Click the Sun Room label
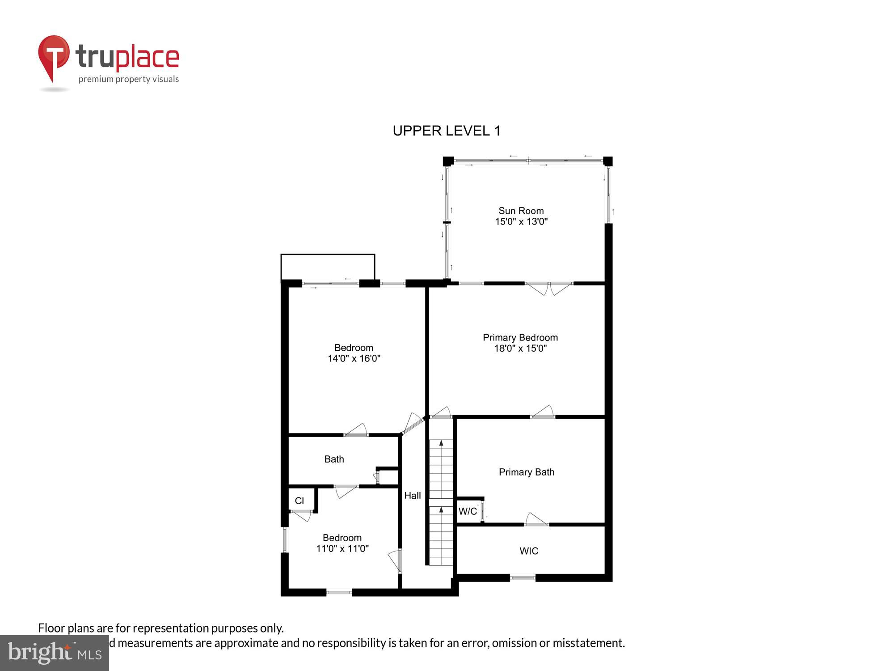521,211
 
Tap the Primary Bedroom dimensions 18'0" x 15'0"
520,348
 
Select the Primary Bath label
526,472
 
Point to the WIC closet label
529,551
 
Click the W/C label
468,511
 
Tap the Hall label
412,495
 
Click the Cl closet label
299,501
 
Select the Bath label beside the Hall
334,459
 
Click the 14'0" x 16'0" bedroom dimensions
354,358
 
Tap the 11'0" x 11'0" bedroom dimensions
342,548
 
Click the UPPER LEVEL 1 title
446,131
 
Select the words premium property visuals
128,80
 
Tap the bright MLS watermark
54,653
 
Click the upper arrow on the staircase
441,443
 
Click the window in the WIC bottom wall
523,578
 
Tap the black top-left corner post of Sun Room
448,161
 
